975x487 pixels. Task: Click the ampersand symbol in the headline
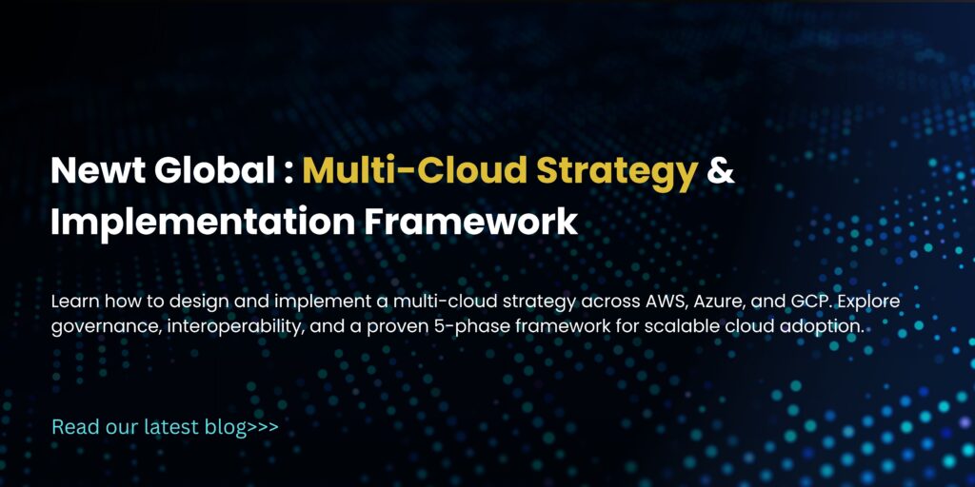(x=723, y=171)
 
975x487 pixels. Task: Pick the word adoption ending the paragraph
(x=826, y=326)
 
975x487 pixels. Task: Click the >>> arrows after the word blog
(x=262, y=428)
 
